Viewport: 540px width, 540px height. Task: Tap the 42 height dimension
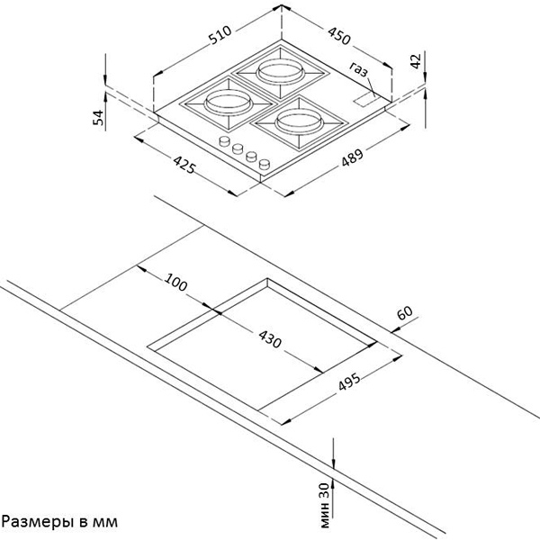click(415, 60)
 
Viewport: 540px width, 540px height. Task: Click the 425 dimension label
click(184, 167)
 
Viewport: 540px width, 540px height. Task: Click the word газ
click(361, 68)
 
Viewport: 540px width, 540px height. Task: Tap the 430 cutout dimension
click(270, 341)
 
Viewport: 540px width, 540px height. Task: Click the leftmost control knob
click(224, 141)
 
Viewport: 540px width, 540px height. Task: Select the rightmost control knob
click(265, 163)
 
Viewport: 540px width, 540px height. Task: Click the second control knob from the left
click(238, 148)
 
